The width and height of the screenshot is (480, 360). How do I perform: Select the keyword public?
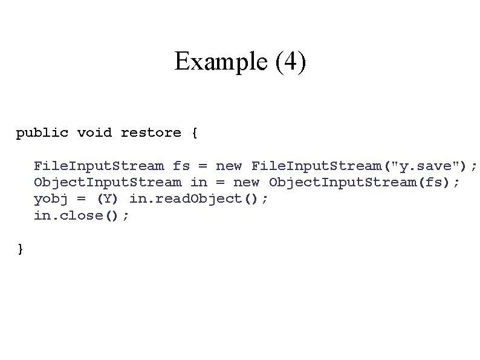click(x=42, y=133)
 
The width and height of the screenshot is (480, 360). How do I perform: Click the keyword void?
click(x=94, y=133)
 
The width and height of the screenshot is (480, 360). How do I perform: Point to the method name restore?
click(x=151, y=133)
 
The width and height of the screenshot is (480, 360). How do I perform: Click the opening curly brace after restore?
click(x=193, y=133)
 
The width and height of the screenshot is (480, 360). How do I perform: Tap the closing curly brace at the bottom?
click(x=21, y=248)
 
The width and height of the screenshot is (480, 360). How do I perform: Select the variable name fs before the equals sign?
click(x=181, y=165)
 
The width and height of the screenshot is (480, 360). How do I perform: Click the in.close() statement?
click(x=82, y=215)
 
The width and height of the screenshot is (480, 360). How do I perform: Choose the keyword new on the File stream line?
click(x=229, y=165)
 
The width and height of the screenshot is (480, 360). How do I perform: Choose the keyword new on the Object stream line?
click(x=247, y=182)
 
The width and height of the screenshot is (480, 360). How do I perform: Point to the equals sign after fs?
click(x=204, y=165)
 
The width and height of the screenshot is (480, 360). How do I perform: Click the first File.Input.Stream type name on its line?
click(x=99, y=165)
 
